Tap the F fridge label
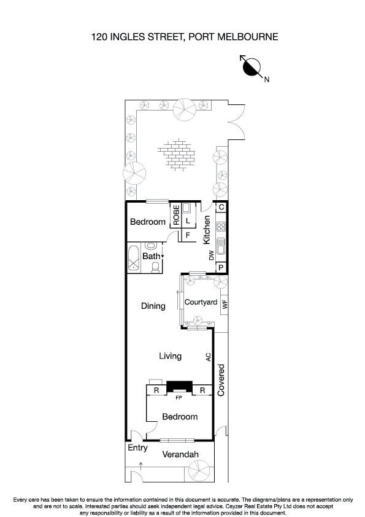click(188, 235)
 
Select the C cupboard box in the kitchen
click(221, 208)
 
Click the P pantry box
click(221, 267)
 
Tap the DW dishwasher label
click(212, 255)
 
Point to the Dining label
click(153, 306)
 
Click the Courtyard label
click(201, 302)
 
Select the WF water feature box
click(224, 303)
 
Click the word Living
click(170, 356)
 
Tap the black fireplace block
click(179, 386)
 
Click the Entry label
click(137, 448)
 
